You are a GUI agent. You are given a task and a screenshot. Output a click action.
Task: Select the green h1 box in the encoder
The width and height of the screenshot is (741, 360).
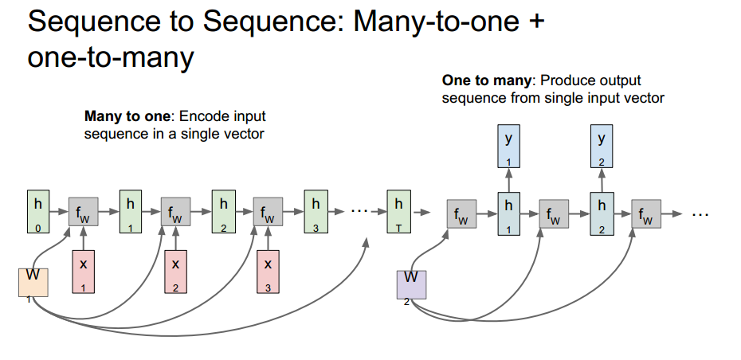[x=130, y=212]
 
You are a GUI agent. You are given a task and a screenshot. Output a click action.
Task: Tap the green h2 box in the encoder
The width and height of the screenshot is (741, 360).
[x=223, y=212]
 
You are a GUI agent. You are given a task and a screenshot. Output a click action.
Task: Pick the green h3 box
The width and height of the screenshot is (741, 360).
[x=316, y=212]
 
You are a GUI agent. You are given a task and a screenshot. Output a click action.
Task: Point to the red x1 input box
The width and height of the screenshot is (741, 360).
[x=83, y=272]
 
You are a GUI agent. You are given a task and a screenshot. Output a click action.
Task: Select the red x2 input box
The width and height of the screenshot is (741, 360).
[x=175, y=272]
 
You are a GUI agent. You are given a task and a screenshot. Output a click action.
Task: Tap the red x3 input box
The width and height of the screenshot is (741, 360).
[x=269, y=272]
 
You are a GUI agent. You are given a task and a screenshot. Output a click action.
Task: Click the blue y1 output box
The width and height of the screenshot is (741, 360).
[x=509, y=147]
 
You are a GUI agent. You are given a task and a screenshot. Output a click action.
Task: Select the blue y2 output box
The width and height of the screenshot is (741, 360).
[x=602, y=147]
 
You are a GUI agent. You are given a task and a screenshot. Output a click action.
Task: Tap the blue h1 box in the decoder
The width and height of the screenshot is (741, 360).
[x=509, y=213]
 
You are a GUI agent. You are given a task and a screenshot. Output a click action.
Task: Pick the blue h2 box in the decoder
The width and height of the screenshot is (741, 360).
[x=602, y=213]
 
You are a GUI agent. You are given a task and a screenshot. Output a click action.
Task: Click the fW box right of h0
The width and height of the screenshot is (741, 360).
[x=83, y=213]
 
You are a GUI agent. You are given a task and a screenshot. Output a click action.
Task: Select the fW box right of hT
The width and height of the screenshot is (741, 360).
[x=462, y=214]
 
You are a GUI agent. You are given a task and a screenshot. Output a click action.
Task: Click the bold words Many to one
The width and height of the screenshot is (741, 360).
[x=124, y=116]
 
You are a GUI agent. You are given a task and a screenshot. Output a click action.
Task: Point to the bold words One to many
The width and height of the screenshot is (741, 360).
[x=488, y=80]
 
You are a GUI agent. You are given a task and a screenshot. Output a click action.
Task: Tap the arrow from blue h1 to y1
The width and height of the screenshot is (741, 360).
[x=509, y=180]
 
